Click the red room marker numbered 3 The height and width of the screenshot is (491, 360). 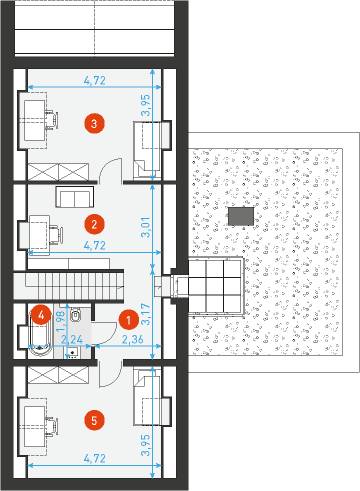tap(94, 123)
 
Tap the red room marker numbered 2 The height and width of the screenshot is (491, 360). tap(94, 224)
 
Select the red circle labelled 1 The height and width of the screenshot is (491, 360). tap(129, 320)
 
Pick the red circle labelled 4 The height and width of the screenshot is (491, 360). tap(41, 315)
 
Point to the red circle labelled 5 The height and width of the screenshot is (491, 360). tap(94, 420)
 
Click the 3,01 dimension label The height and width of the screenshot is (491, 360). tap(146, 227)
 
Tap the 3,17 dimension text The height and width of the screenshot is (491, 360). tap(146, 314)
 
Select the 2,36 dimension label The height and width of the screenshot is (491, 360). tap(132, 339)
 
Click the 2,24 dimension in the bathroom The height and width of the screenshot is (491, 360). tap(72, 339)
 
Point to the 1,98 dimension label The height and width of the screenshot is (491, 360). tap(61, 321)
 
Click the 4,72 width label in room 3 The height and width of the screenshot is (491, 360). tap(95, 80)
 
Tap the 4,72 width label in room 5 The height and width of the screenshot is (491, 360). tap(95, 459)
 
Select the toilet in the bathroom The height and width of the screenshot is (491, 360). tap(75, 314)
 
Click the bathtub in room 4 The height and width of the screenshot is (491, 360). tap(40, 331)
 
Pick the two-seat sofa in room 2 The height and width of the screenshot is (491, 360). tap(75, 197)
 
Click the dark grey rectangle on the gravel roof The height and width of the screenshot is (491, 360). tap(241, 216)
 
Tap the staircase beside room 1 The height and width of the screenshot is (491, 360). tap(69, 286)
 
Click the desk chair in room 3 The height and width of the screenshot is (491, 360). tap(52, 119)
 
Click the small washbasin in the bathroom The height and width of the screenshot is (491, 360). tap(73, 352)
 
